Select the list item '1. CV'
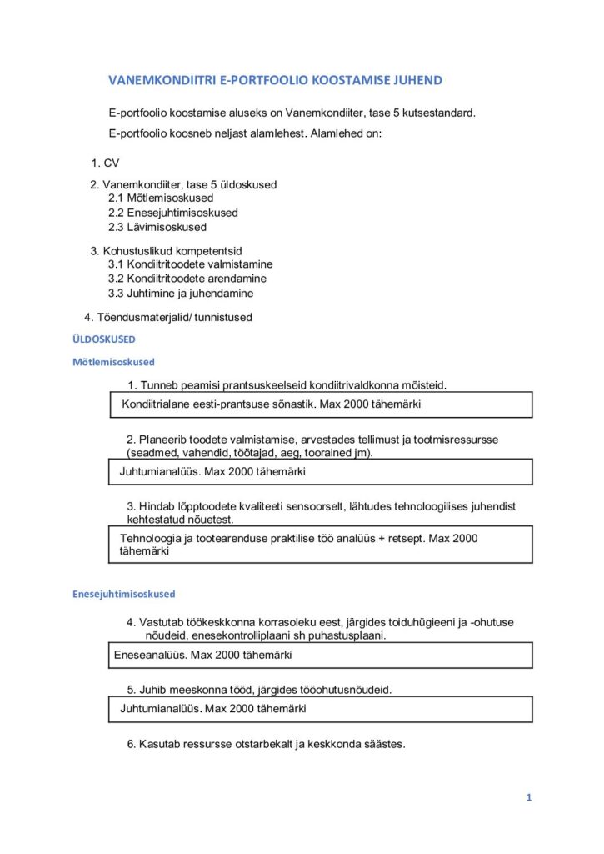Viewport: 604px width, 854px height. pos(106,163)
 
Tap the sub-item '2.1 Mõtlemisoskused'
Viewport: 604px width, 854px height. pos(161,198)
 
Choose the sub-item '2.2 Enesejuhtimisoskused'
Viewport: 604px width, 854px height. pos(172,213)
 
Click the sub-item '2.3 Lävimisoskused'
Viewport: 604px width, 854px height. pos(157,227)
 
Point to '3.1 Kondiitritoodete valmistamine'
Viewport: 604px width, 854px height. pos(189,264)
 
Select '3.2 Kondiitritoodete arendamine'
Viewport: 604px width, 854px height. pos(187,279)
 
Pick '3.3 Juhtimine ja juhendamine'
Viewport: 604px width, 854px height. pos(181,294)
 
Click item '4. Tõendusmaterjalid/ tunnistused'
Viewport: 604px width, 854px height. pos(168,317)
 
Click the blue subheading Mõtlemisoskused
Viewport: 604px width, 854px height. pos(113,363)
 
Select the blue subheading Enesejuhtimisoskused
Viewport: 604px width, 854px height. pos(122,595)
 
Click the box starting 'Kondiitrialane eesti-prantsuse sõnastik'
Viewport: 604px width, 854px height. pos(322,405)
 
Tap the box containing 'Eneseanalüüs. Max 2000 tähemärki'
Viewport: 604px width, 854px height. pos(322,655)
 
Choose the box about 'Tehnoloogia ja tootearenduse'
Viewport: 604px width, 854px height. pos(322,545)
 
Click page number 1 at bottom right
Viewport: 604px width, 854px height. pos(528,797)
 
